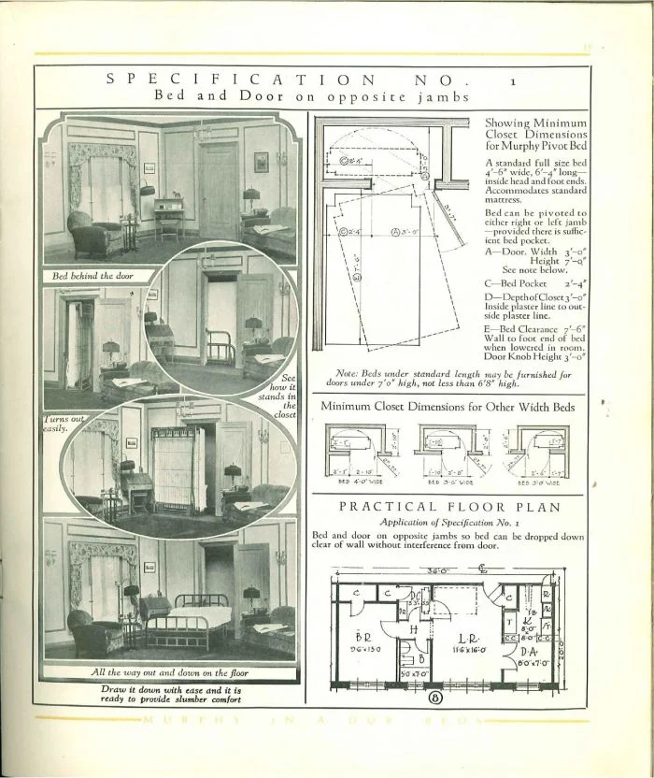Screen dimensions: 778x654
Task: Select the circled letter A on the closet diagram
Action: [396, 230]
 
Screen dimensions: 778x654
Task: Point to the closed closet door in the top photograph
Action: [218, 192]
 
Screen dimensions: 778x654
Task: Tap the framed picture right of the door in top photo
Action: [261, 162]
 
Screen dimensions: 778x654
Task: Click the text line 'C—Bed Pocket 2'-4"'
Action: [534, 281]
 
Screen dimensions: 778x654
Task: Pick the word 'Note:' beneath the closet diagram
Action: [348, 373]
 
